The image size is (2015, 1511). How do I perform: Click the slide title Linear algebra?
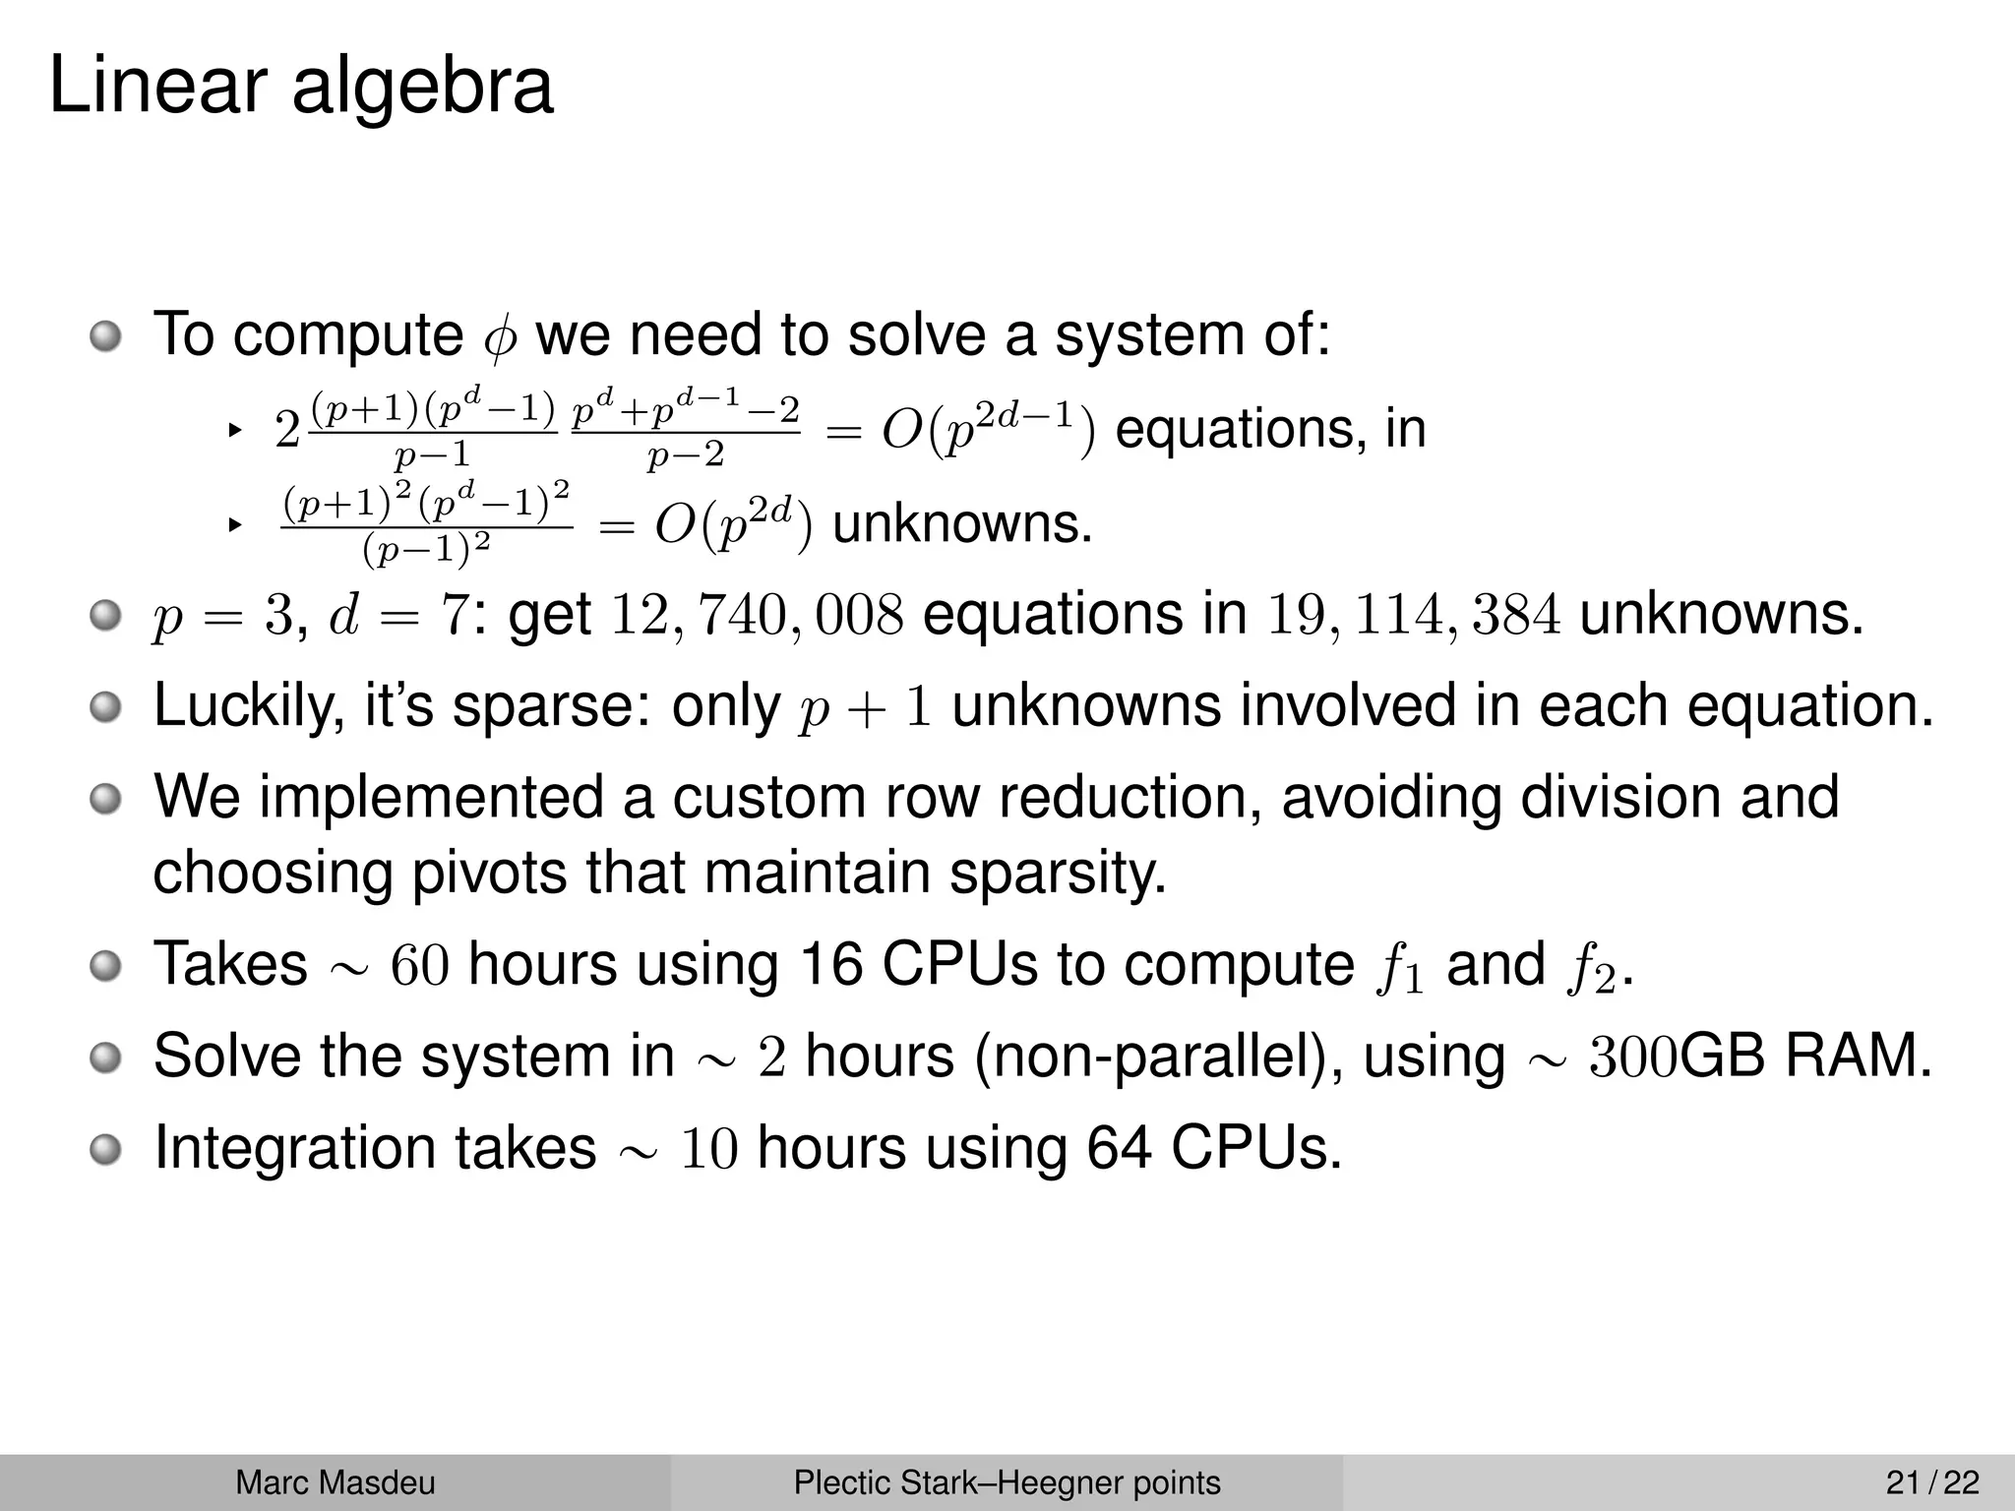[x=300, y=87]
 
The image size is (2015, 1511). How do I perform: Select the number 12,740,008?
[x=757, y=616]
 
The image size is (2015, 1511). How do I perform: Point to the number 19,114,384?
[x=1414, y=616]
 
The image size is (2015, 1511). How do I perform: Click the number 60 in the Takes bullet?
[x=420, y=965]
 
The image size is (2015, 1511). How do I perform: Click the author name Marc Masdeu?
[x=335, y=1482]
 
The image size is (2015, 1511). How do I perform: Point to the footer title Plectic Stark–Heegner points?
[x=1007, y=1482]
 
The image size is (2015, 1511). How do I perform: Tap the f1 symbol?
[x=1397, y=968]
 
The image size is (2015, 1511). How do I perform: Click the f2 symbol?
[x=1590, y=968]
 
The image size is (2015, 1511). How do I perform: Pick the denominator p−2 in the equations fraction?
[x=685, y=455]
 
